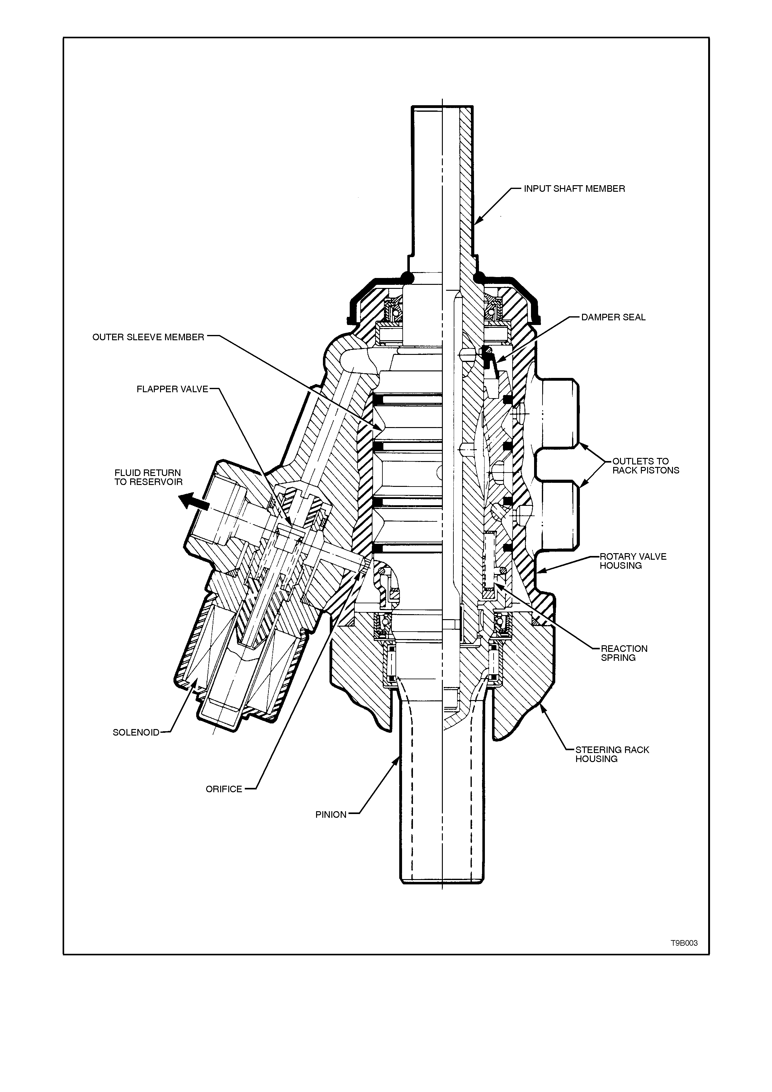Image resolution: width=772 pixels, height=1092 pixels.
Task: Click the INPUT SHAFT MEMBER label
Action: [x=574, y=189]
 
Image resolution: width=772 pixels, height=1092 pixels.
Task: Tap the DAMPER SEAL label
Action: [x=613, y=317]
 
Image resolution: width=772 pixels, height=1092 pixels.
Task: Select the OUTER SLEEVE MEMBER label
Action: [x=149, y=337]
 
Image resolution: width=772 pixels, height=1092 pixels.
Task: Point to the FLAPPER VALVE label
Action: [x=173, y=389]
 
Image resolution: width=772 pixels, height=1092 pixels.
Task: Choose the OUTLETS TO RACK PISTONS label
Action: [x=646, y=466]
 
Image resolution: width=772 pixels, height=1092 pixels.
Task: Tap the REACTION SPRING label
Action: [x=624, y=653]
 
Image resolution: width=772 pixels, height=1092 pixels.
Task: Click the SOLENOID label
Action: [x=136, y=732]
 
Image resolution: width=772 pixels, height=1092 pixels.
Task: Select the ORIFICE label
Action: [x=224, y=789]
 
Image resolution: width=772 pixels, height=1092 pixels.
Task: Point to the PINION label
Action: [x=331, y=815]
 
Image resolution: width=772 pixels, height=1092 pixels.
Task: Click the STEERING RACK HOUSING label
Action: [x=612, y=754]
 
